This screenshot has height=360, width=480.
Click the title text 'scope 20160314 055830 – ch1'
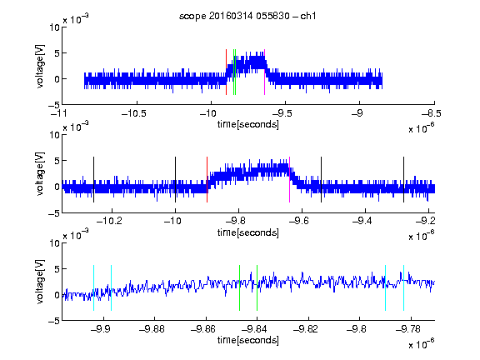(247, 16)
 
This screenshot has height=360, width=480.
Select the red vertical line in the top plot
(226, 72)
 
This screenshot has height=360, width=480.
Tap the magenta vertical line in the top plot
(264, 72)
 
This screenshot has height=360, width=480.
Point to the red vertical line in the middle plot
(207, 179)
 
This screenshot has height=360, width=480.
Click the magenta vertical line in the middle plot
(290, 179)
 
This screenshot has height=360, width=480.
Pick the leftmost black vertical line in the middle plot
(93, 179)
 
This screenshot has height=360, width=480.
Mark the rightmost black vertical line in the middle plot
(403, 179)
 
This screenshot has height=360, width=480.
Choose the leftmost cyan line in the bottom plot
(93, 287)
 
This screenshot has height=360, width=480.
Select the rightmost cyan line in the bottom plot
(403, 287)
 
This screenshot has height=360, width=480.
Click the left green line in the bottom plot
(239, 287)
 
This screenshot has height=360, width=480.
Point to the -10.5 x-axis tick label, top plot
(134, 113)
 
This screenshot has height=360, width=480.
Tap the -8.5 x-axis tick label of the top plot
(432, 113)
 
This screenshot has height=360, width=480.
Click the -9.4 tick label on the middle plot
(362, 221)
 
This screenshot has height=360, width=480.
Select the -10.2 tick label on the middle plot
(109, 221)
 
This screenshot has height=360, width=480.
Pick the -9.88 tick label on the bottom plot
(152, 329)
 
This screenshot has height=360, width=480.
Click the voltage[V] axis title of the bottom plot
(40, 282)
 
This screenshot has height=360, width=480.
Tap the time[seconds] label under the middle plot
(248, 232)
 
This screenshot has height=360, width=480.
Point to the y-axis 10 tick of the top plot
(54, 27)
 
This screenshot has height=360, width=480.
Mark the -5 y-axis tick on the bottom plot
(54, 321)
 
